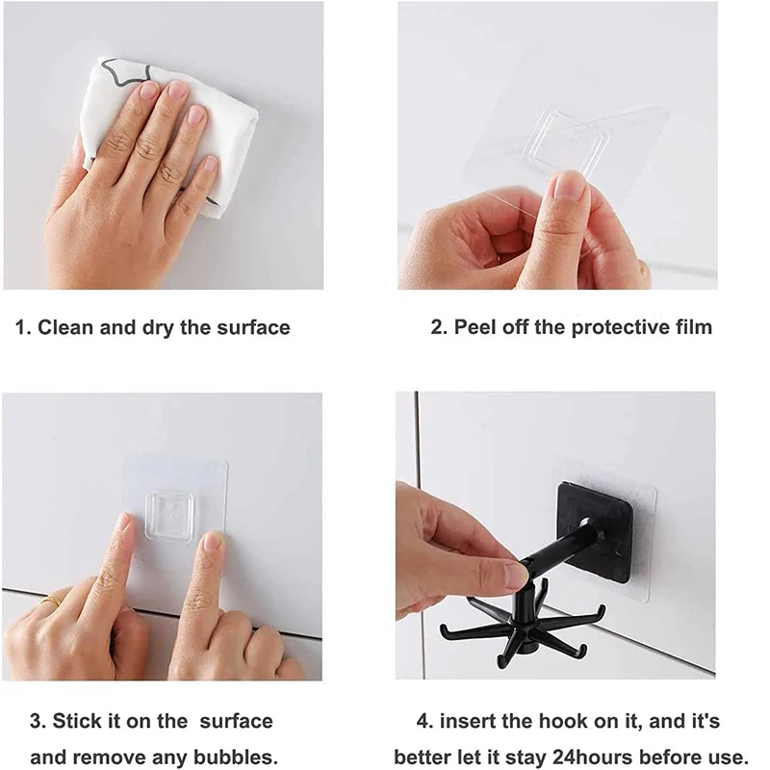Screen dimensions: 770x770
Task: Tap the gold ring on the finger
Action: [51, 601]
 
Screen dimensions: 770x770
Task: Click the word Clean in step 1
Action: [65, 327]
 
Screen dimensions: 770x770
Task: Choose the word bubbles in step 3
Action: [236, 757]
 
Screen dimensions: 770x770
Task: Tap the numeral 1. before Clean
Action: [23, 327]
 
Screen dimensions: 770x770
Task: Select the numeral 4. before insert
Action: [424, 721]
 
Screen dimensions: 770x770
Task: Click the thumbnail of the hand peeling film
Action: [557, 145]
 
